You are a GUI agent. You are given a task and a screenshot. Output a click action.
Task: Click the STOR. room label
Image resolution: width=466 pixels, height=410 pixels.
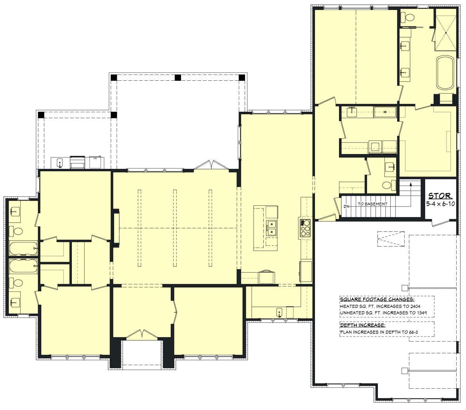pos(440,196)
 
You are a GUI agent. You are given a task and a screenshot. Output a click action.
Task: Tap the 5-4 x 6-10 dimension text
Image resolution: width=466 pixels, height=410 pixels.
pos(440,203)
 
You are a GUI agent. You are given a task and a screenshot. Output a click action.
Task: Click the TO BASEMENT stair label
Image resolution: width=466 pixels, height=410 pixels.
pos(372,204)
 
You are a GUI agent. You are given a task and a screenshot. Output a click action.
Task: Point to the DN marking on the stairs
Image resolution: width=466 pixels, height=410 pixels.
pos(346,207)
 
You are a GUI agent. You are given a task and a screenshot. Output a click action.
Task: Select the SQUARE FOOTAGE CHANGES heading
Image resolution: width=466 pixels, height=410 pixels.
pos(377,299)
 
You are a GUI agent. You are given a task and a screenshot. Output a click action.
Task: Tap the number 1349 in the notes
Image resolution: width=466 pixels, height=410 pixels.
pos(420,313)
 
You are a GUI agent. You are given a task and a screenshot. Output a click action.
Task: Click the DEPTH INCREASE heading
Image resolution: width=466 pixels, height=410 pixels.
pos(362,325)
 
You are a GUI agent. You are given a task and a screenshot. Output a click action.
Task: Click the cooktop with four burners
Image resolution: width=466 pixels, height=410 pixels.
pos(305,228)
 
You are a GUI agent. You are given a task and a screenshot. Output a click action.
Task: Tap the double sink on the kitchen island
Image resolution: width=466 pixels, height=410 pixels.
pos(271,228)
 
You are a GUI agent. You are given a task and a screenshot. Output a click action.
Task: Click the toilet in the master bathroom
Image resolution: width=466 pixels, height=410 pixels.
pos(407,17)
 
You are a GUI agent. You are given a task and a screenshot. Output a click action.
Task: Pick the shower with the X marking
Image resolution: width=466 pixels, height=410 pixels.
pos(445,33)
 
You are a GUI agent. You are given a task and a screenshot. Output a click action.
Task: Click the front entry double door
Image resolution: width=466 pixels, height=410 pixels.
pos(142,335)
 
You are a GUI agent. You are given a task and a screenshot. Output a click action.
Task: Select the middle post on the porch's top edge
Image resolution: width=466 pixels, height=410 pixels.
pos(177,78)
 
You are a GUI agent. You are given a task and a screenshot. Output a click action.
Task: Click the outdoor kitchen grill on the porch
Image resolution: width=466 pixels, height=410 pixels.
pos(77,162)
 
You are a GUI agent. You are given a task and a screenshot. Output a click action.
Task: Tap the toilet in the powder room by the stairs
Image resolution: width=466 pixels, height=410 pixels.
pos(389,185)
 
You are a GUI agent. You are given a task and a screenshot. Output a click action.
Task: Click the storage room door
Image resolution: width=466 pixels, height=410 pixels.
pos(441,223)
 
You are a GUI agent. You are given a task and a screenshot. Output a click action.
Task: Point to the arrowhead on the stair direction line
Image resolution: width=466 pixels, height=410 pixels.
pos(411,184)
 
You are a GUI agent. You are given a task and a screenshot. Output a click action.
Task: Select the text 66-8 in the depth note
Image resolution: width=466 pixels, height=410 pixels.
pos(413,332)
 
